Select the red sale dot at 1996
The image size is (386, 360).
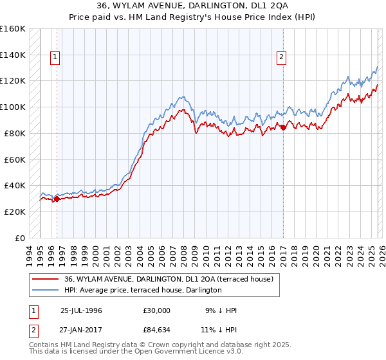point(57,199)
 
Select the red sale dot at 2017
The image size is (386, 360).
point(283,127)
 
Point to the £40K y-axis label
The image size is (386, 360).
point(15,185)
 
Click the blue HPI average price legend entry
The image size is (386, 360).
point(143,291)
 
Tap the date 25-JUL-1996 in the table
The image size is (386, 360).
point(81,310)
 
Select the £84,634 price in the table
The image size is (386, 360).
point(158,330)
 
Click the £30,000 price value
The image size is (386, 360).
point(158,310)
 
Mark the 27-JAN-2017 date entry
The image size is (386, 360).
point(81,330)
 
